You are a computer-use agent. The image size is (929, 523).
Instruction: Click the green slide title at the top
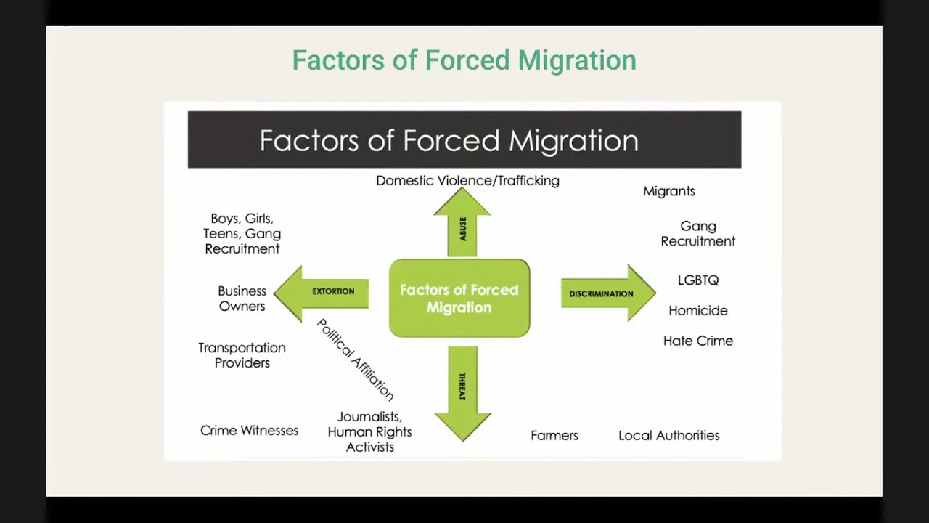pyautogui.click(x=464, y=60)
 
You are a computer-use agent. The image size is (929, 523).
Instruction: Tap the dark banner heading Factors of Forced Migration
pyautogui.click(x=449, y=140)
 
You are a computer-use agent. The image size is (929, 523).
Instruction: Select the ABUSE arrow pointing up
pyautogui.click(x=462, y=226)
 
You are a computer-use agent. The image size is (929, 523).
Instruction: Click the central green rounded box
pyautogui.click(x=459, y=299)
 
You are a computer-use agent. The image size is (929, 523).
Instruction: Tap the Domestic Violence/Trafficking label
pyautogui.click(x=467, y=181)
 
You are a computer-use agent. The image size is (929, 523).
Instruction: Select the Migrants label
pyautogui.click(x=668, y=191)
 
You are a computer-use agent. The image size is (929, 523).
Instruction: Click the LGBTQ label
pyautogui.click(x=697, y=280)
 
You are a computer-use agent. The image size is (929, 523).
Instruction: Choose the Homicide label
pyautogui.click(x=697, y=311)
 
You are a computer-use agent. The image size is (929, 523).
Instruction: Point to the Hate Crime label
pyautogui.click(x=697, y=341)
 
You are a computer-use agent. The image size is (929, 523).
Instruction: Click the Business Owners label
pyautogui.click(x=242, y=299)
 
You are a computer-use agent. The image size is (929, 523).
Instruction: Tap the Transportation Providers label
pyautogui.click(x=242, y=355)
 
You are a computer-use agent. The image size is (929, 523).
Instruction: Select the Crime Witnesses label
pyautogui.click(x=249, y=431)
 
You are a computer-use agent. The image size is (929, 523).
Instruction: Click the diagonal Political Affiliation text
pyautogui.click(x=355, y=360)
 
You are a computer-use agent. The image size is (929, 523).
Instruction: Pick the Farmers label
pyautogui.click(x=554, y=436)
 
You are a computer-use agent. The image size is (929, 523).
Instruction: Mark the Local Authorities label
pyautogui.click(x=668, y=436)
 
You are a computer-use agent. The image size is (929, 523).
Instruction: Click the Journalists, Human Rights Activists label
pyautogui.click(x=369, y=431)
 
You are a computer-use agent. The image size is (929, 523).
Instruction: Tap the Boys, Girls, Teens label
pyautogui.click(x=242, y=234)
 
